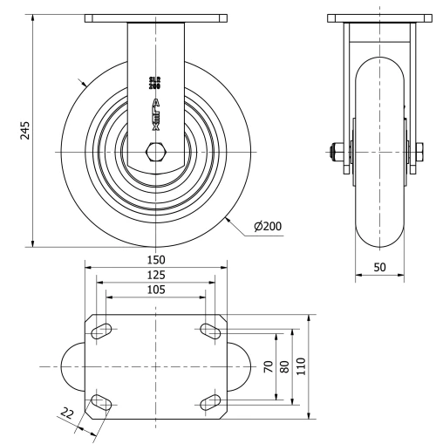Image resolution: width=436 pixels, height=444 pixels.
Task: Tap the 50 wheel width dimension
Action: coord(381,268)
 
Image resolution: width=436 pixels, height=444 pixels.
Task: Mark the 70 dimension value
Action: coord(269,366)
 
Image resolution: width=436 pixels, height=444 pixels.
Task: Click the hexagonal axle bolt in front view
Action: coord(156,154)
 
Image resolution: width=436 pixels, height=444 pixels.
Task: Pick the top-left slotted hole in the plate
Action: coord(101,330)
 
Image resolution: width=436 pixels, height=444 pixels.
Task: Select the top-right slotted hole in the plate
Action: coord(211,330)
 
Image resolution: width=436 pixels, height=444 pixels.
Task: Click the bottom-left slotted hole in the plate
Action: coord(101,402)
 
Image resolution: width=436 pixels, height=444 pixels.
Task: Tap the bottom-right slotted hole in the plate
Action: coord(211,402)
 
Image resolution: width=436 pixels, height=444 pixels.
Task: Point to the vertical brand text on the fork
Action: coord(156,114)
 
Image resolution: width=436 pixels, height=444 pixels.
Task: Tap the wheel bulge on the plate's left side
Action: coord(72,366)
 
